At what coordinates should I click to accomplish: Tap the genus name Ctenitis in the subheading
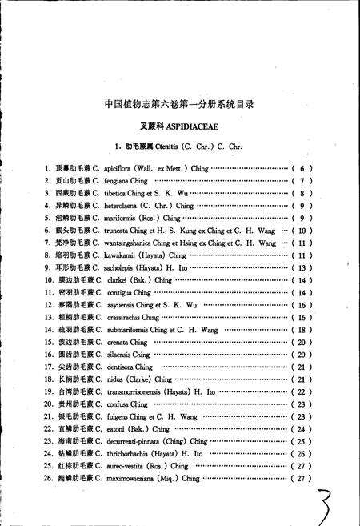click(170, 147)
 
